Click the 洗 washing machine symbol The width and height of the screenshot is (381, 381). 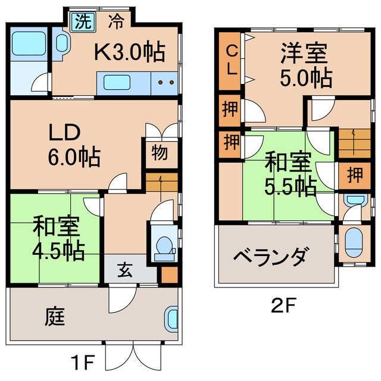click(x=83, y=22)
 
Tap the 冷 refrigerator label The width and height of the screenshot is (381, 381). click(x=115, y=22)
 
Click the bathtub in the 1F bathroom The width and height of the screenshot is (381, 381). click(x=25, y=43)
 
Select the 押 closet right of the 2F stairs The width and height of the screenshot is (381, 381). click(x=354, y=174)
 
